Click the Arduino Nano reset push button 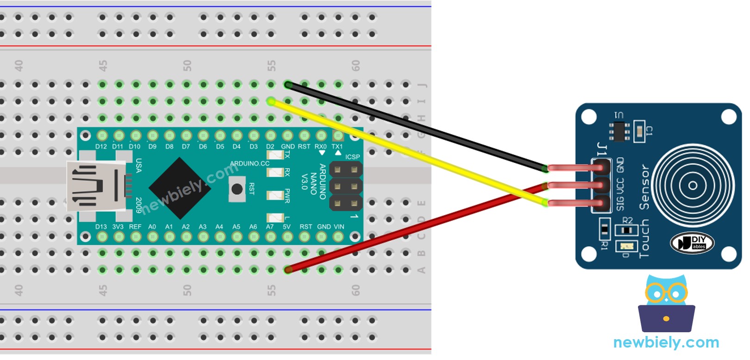(x=237, y=189)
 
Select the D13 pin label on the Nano (x=101, y=227)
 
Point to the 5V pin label (x=287, y=227)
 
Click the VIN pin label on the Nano (x=339, y=227)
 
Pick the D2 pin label (x=270, y=147)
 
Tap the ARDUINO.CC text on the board (x=250, y=163)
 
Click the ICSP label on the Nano (x=352, y=157)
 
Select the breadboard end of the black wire (x=288, y=85)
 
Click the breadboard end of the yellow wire (x=271, y=101)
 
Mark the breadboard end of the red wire (x=288, y=269)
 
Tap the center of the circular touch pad (x=693, y=186)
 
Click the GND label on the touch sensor (x=620, y=165)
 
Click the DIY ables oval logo (x=692, y=243)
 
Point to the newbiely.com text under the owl (x=666, y=343)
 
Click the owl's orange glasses (x=666, y=293)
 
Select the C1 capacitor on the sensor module (x=639, y=131)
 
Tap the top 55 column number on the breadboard (x=271, y=66)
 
